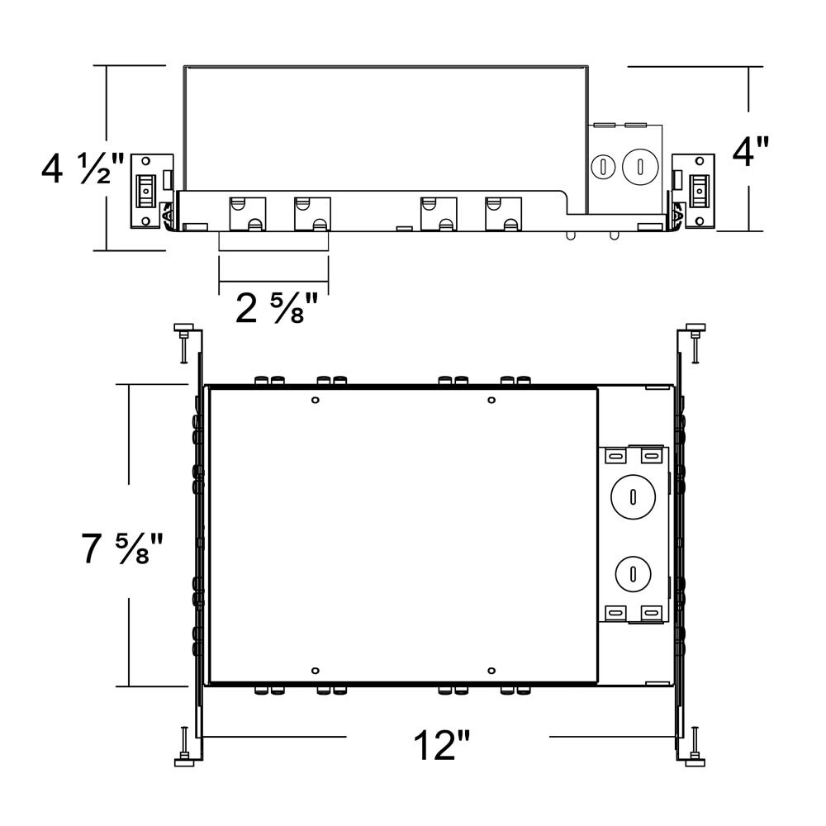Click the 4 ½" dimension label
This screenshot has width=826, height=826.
click(83, 169)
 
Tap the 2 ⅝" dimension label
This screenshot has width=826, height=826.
click(276, 310)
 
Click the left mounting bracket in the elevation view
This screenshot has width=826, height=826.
click(150, 190)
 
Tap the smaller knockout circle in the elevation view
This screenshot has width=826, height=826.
click(604, 166)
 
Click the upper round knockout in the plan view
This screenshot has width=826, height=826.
click(632, 496)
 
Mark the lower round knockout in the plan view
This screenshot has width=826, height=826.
click(632, 572)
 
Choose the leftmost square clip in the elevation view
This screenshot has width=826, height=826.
click(247, 213)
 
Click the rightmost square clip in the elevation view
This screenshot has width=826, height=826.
click(503, 213)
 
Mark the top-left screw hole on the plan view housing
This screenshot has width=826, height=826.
click(315, 401)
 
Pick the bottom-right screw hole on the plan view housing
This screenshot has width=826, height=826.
click(491, 670)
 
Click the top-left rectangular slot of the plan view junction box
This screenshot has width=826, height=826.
click(615, 455)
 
